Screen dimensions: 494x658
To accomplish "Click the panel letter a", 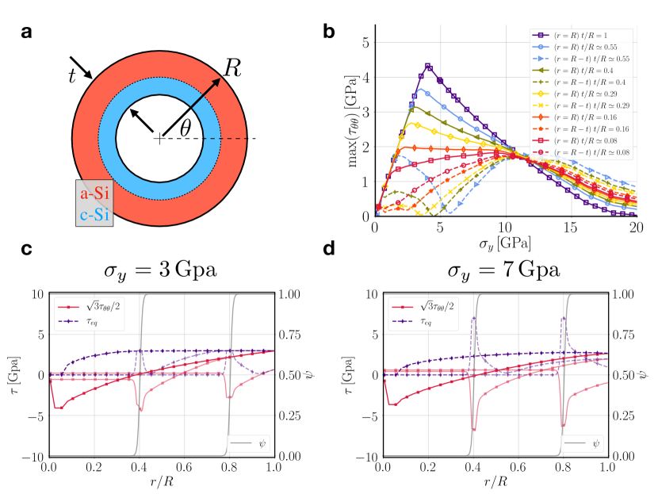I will coord(27,33).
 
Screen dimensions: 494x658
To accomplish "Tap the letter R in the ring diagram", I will coord(232,67).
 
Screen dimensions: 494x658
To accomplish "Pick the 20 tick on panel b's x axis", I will coord(636,228).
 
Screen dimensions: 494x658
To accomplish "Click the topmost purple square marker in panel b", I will coord(427,66).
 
